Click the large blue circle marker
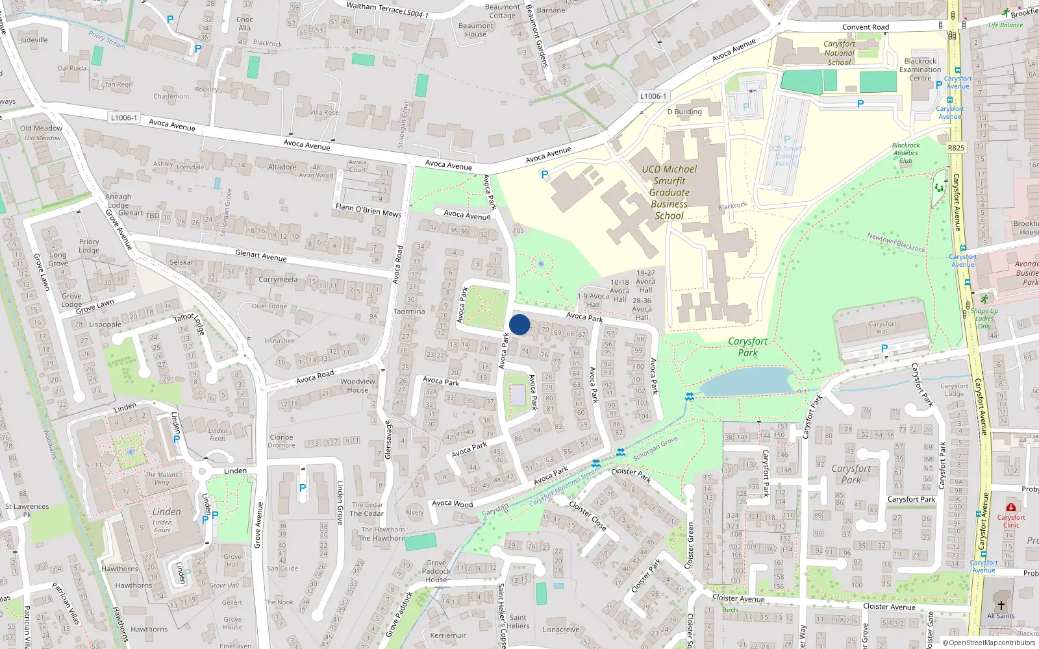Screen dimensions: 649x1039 [x=519, y=324]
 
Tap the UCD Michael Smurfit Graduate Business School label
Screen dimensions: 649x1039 [x=670, y=192]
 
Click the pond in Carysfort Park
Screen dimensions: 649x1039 [x=747, y=381]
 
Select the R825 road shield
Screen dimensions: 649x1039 [x=956, y=148]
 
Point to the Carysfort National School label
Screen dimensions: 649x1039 [x=839, y=53]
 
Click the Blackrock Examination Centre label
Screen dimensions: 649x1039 [x=920, y=69]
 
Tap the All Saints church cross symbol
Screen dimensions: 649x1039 [x=1001, y=604]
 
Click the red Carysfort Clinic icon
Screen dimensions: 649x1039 [x=1010, y=507]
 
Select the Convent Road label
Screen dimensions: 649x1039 [x=866, y=27]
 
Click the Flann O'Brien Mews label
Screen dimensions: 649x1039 [x=368, y=210]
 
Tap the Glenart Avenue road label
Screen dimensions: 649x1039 [x=260, y=255]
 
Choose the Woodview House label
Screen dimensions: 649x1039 [x=358, y=386]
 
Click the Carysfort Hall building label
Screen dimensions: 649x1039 [x=883, y=328]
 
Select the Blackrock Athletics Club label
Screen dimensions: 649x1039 [x=906, y=153]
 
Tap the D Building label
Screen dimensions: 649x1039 [x=684, y=112]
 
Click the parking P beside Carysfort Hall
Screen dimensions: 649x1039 [x=884, y=349]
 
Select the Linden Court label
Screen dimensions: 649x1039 [x=162, y=526]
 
